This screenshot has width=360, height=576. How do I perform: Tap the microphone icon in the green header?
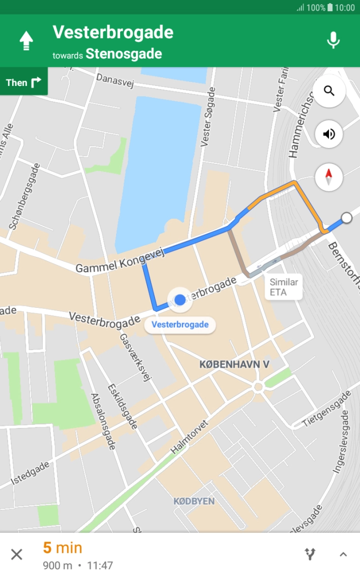(333, 40)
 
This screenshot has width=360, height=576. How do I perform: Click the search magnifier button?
(329, 91)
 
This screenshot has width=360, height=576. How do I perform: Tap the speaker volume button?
(329, 134)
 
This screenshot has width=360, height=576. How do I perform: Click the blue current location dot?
(180, 299)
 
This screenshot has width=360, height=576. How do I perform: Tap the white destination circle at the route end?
(346, 218)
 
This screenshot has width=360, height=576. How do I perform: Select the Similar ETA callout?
(284, 287)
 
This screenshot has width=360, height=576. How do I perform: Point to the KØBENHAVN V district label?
(234, 365)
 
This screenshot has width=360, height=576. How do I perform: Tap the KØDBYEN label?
(194, 501)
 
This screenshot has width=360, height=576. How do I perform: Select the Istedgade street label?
(30, 473)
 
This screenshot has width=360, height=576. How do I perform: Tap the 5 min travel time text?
(63, 548)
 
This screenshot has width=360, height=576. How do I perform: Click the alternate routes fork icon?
(310, 555)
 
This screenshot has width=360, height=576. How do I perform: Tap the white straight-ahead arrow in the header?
(26, 40)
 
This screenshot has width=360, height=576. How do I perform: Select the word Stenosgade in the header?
(124, 54)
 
